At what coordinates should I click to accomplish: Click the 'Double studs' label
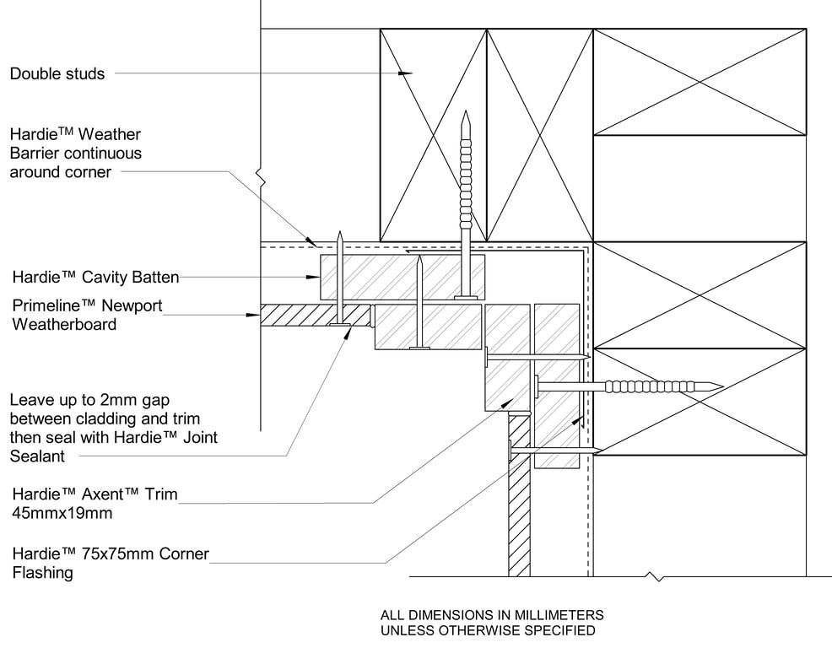point(57,74)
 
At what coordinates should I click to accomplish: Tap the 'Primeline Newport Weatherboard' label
point(86,314)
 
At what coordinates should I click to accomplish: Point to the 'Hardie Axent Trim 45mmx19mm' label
point(95,503)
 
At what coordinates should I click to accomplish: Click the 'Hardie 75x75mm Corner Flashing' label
point(110,564)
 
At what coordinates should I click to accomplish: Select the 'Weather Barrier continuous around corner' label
point(75,153)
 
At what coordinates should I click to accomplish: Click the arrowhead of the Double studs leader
point(407,74)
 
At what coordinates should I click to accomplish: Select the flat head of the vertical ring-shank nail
point(465,296)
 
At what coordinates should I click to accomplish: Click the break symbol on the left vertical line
point(262,180)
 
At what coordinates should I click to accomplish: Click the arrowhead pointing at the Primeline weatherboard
point(256,316)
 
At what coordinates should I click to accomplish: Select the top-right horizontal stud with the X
point(700,82)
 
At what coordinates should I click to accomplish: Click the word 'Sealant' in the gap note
point(37,456)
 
